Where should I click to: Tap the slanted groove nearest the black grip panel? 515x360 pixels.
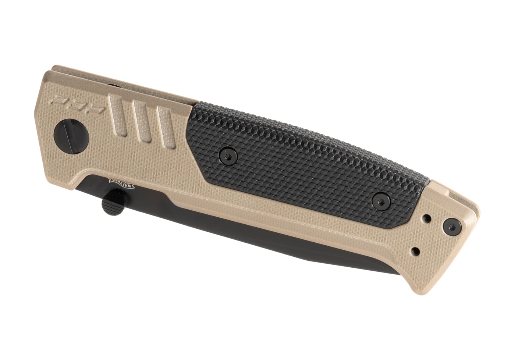click(x=163, y=125)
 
